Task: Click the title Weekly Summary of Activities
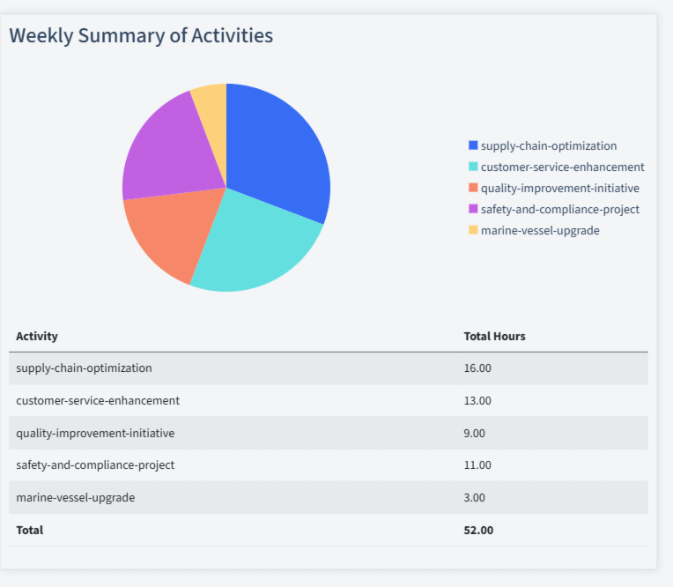[141, 35]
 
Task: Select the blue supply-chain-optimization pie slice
[277, 150]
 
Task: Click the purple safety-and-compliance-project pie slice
[167, 154]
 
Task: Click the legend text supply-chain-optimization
[549, 146]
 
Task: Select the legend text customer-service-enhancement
[562, 167]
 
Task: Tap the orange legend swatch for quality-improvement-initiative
[473, 188]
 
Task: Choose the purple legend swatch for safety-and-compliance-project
[473, 209]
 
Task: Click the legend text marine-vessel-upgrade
[540, 230]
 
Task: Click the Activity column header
[37, 336]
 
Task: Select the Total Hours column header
[494, 336]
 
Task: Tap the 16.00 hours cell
[477, 368]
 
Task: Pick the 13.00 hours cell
[477, 400]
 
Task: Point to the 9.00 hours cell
[474, 433]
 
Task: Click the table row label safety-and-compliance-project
[95, 465]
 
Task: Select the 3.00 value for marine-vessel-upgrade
[474, 497]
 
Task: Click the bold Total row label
[29, 530]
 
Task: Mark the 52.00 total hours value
[478, 530]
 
